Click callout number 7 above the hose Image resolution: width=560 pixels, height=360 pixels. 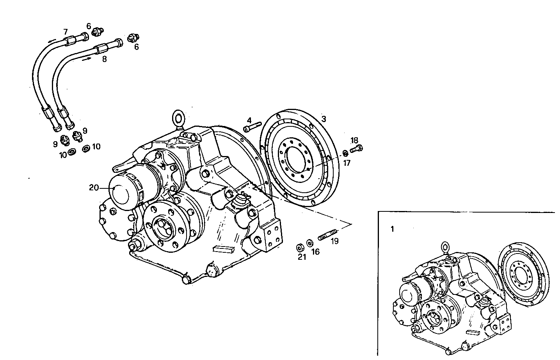pyautogui.click(x=65, y=31)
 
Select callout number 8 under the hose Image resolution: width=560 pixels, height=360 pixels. pyautogui.click(x=104, y=60)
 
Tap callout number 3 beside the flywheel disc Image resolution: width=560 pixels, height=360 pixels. pyautogui.click(x=323, y=119)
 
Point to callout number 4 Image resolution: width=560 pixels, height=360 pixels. pyautogui.click(x=249, y=120)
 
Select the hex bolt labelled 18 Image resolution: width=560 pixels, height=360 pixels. pyautogui.click(x=357, y=148)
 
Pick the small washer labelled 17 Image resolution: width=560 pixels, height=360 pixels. pyautogui.click(x=345, y=153)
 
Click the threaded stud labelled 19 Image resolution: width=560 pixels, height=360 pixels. pyautogui.click(x=327, y=236)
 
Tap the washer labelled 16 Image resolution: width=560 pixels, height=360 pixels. pyautogui.click(x=309, y=243)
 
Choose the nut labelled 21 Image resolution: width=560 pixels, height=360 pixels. pyautogui.click(x=300, y=247)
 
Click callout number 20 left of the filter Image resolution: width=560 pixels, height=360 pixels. pyautogui.click(x=94, y=188)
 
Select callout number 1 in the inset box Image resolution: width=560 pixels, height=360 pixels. pyautogui.click(x=392, y=229)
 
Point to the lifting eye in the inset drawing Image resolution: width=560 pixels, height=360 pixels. pyautogui.click(x=445, y=246)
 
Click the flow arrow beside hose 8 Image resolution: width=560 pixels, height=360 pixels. pyautogui.click(x=87, y=59)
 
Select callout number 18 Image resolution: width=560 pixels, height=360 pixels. pyautogui.click(x=354, y=140)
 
